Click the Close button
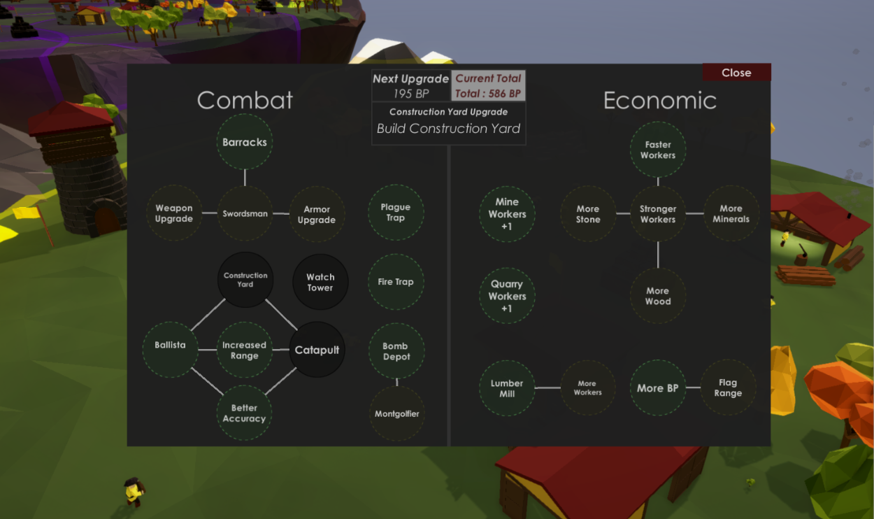736,73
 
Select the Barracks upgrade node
245,142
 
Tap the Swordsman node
245,213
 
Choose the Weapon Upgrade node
174,213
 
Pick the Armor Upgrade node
317,214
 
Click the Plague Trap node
396,213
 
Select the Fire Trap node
396,282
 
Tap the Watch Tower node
320,282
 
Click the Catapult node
317,350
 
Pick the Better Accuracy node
244,413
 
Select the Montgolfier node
396,413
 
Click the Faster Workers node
658,150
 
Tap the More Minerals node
731,213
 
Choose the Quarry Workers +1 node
507,296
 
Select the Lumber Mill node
507,388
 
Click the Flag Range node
728,388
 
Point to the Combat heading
245,100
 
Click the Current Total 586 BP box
488,86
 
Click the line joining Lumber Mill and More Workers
547,388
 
